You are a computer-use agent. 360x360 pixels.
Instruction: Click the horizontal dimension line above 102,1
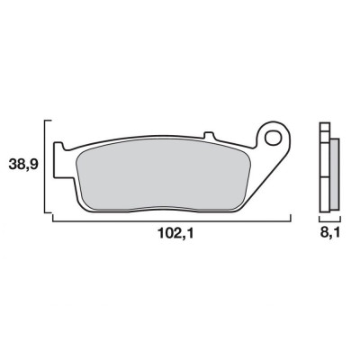coord(171,220)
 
